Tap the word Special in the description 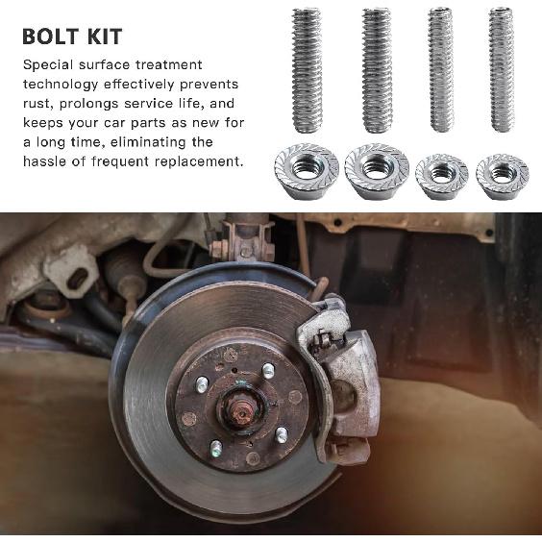pos(49,65)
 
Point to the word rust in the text pos(36,104)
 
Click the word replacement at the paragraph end pos(198,161)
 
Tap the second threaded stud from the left pos(376,72)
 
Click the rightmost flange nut pos(502,174)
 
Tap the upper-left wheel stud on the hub pos(202,383)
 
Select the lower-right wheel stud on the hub pos(281,434)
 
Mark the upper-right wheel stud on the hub pos(268,370)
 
